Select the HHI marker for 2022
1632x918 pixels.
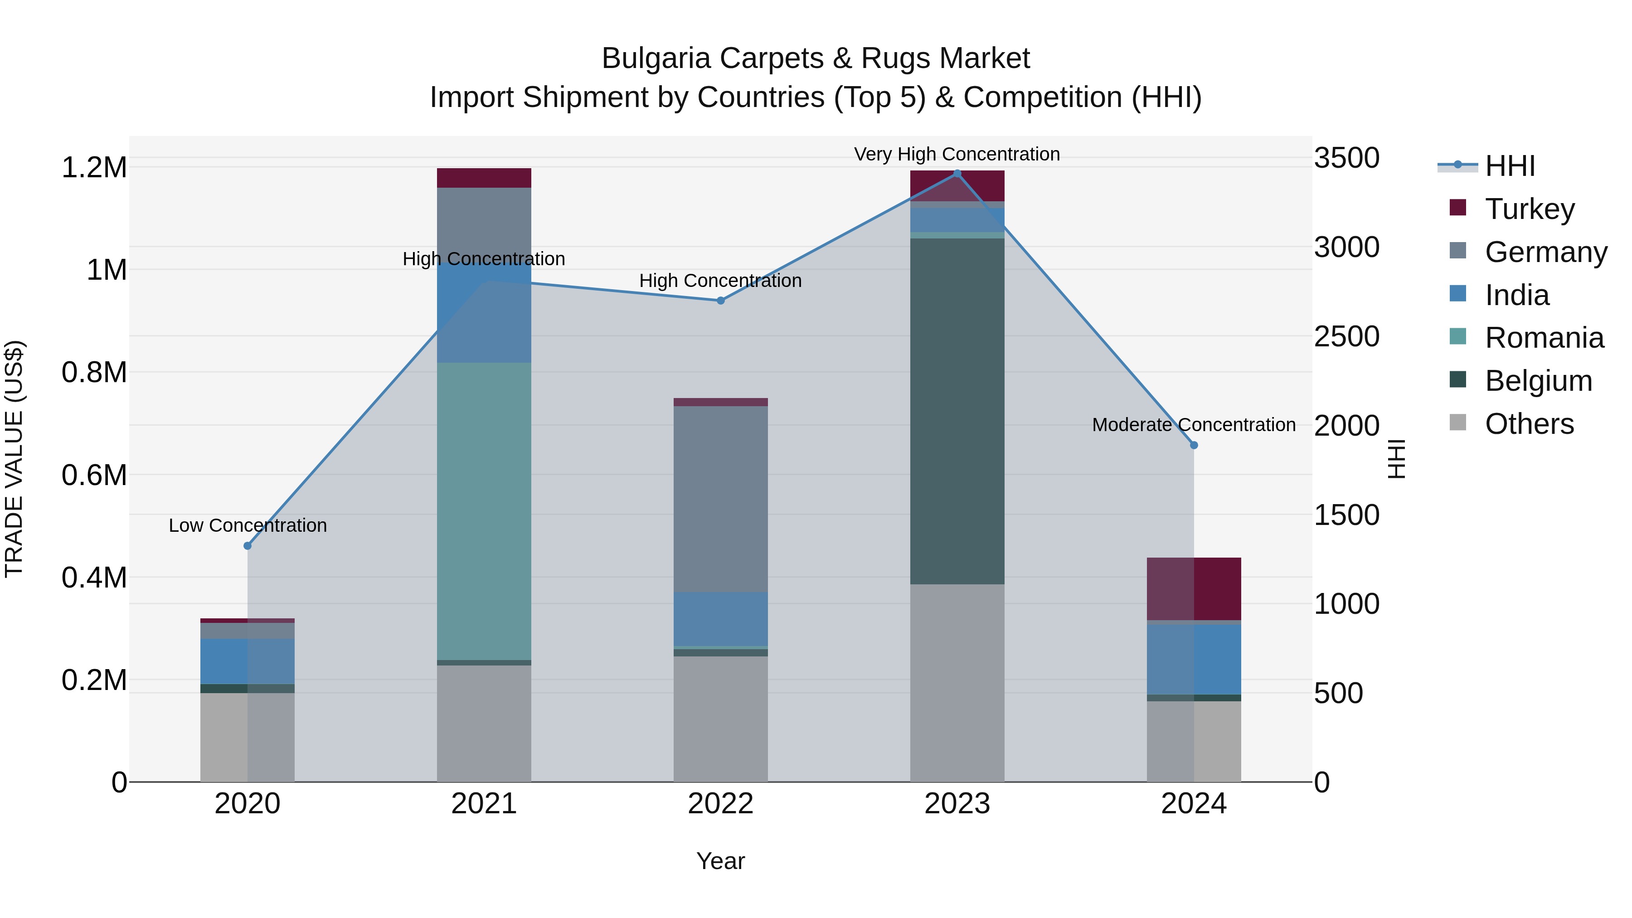pyautogui.click(x=720, y=300)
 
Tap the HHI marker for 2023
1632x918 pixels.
pyautogui.click(x=957, y=174)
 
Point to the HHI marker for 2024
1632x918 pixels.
pyautogui.click(x=1194, y=445)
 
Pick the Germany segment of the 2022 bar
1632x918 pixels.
pyautogui.click(x=720, y=499)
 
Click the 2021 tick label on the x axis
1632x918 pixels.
pyautogui.click(x=484, y=804)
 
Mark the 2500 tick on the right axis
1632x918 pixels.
pyautogui.click(x=1346, y=336)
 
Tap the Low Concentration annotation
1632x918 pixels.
pyautogui.click(x=248, y=525)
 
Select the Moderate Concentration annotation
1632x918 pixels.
pyautogui.click(x=1194, y=424)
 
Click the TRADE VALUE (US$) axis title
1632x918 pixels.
pyautogui.click(x=15, y=459)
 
